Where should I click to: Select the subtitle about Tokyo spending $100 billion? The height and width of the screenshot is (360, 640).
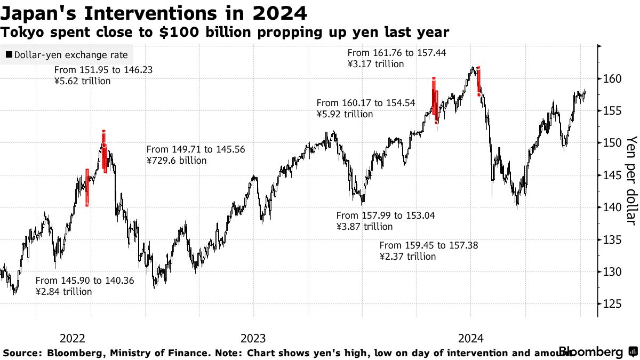point(225,33)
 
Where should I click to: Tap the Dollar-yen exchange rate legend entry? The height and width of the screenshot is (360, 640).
point(67,55)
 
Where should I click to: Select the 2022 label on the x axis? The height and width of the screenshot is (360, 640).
point(73,338)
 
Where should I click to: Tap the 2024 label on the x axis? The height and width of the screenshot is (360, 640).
point(471,338)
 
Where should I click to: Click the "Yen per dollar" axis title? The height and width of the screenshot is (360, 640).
point(631,180)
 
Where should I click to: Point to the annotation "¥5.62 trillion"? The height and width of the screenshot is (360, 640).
point(83,81)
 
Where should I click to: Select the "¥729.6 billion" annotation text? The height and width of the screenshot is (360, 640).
point(177,160)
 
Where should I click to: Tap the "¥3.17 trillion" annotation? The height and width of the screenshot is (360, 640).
point(375,64)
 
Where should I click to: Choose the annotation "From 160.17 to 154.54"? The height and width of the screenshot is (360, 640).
point(366,103)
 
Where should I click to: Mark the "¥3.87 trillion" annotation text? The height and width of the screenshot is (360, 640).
point(364,226)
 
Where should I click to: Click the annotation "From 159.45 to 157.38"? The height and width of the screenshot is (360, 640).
point(429,245)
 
